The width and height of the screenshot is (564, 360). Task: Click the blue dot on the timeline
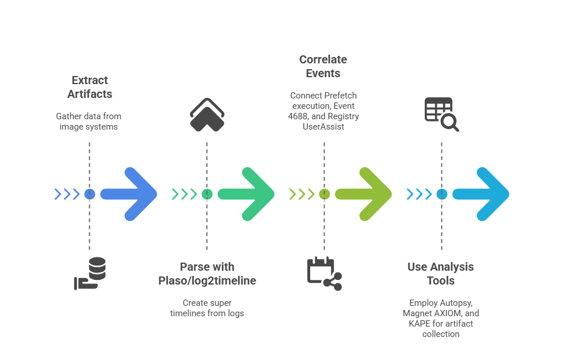coord(89,194)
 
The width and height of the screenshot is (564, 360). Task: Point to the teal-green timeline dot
coord(207,194)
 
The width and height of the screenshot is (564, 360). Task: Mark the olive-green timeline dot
coord(324,194)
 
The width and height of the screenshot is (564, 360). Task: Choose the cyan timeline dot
coord(441,194)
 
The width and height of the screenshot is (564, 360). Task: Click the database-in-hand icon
coord(91,274)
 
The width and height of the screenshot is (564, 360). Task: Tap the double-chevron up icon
coord(207,115)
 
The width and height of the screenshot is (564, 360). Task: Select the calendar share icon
coord(324,273)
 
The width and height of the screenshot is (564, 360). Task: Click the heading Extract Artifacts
coord(89,86)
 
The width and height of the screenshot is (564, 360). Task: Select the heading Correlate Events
coord(323,66)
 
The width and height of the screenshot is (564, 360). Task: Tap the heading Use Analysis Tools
coord(440,274)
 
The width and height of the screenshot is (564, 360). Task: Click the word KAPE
coord(420,323)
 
